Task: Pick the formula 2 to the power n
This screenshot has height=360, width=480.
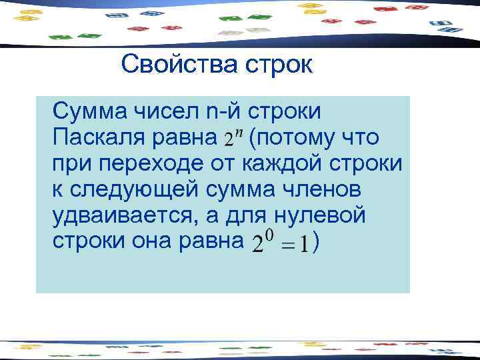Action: tap(231, 138)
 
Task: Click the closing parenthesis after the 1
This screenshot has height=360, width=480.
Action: tap(323, 244)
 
